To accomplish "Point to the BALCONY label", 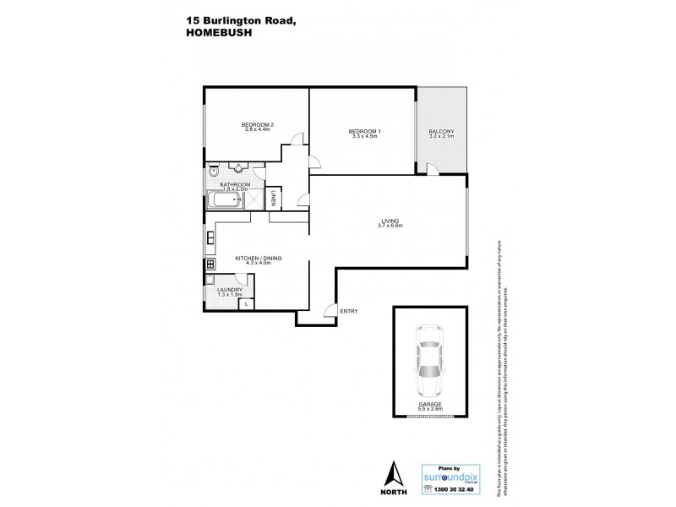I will point(441,131).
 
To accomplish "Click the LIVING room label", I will point(390,221).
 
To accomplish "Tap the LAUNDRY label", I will point(230,290).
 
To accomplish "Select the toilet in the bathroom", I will point(212,168).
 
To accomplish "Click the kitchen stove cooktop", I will point(210,264).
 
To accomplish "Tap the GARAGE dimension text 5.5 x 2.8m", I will point(430,409).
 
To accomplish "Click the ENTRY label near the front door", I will point(348,311).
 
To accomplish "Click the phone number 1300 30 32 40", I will point(454,489).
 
